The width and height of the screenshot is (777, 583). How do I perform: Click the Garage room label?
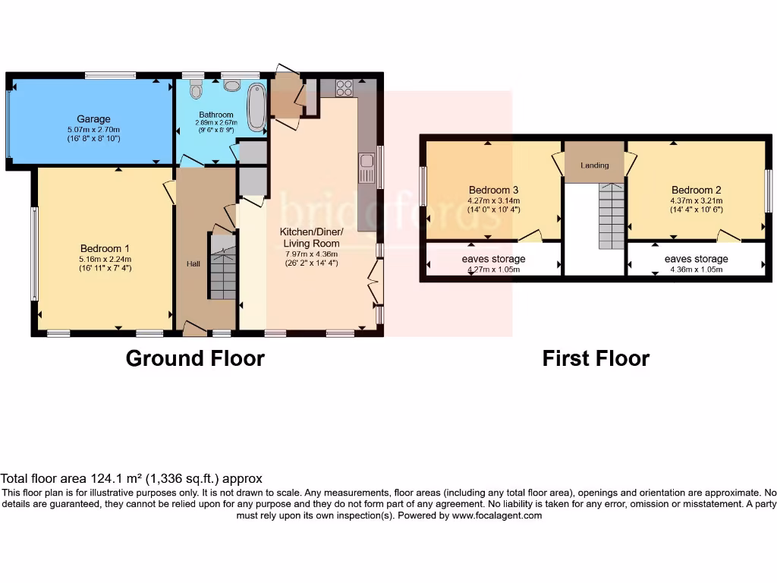pos(93,119)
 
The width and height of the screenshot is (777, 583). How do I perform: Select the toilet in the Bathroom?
pos(197,91)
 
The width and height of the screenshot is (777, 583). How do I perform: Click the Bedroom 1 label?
pos(105,248)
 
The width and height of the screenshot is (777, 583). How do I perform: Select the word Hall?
pos(193,263)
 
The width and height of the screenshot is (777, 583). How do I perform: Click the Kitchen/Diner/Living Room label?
pos(311,238)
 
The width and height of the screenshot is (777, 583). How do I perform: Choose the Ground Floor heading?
pos(195,358)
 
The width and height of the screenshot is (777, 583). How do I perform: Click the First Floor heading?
pos(596,358)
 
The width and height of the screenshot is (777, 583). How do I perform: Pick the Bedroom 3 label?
pos(494,190)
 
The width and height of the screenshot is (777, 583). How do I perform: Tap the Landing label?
pos(595,165)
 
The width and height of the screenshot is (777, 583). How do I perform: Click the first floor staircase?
pos(611,216)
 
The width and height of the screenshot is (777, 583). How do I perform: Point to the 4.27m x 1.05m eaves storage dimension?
pos(493,269)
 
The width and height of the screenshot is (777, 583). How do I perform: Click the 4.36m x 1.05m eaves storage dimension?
pos(696,269)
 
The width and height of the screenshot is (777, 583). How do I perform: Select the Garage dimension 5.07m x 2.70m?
pos(93,129)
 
